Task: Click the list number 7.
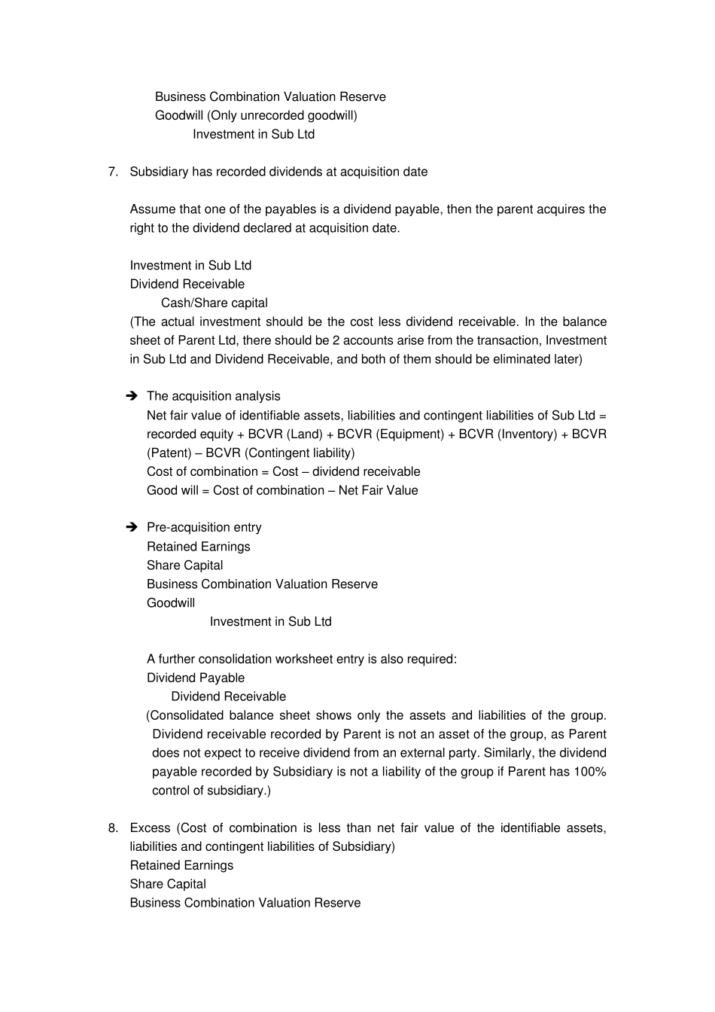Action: pyautogui.click(x=112, y=172)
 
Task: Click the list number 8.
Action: pyautogui.click(x=112, y=828)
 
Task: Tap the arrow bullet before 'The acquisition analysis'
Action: pyautogui.click(x=132, y=396)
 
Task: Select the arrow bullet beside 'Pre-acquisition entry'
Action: pyautogui.click(x=132, y=527)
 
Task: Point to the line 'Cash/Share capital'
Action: pyautogui.click(x=214, y=303)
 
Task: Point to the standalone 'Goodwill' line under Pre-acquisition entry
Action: pyautogui.click(x=171, y=602)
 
